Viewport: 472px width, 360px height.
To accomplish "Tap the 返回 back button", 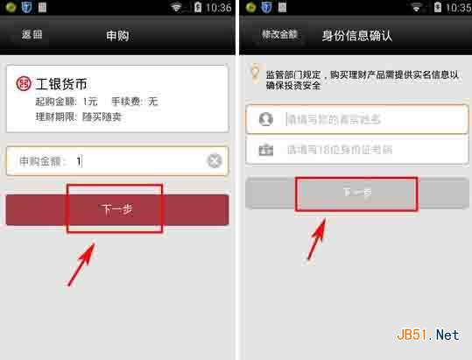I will click(32, 35).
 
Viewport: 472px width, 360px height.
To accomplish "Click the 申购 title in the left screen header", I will click(117, 36).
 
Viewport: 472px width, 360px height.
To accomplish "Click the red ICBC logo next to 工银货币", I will click(23, 84).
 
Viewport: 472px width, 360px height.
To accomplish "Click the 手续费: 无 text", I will click(133, 101).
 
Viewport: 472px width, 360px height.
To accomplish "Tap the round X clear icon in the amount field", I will click(215, 161).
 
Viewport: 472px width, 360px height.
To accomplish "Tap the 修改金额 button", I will click(279, 35).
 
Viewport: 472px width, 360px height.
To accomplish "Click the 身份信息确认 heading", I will click(357, 36).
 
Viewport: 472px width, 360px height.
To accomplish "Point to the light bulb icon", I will click(255, 73).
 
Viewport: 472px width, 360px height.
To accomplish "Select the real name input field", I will click(368, 119).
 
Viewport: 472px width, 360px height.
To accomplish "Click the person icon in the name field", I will click(265, 119).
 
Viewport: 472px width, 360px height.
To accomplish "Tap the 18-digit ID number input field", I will click(368, 149).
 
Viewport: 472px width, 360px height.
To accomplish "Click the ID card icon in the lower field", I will click(265, 149).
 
